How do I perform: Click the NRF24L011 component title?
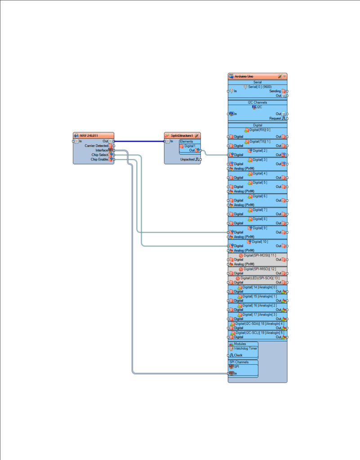point(89,135)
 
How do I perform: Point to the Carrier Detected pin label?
point(96,146)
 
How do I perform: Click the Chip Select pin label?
point(100,155)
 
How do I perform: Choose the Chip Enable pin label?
point(100,159)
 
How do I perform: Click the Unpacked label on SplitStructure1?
point(187,159)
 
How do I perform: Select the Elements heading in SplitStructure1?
point(186,142)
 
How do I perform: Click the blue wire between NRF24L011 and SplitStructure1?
point(139,141)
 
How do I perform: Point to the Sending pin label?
point(275,91)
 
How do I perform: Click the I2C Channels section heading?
point(258,102)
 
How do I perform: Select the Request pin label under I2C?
point(275,119)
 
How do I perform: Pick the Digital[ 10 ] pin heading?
point(260,242)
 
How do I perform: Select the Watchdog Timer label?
point(246,348)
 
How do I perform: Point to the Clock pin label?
point(238,355)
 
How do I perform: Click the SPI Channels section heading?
point(239,362)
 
